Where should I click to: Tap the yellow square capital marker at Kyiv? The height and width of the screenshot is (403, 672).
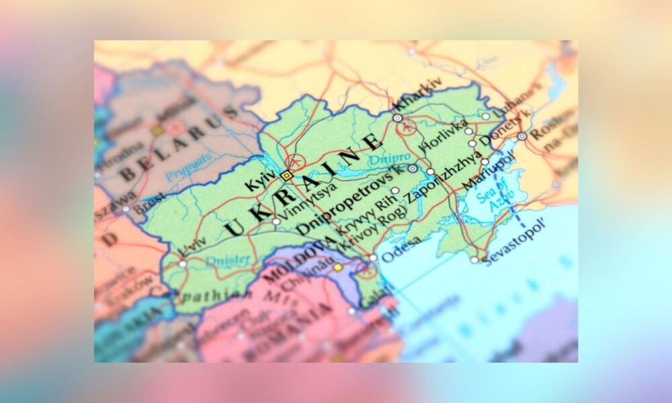tap(287, 175)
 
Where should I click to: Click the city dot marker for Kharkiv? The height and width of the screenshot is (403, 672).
tap(397, 118)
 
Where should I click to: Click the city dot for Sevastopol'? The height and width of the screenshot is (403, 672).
tap(474, 260)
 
